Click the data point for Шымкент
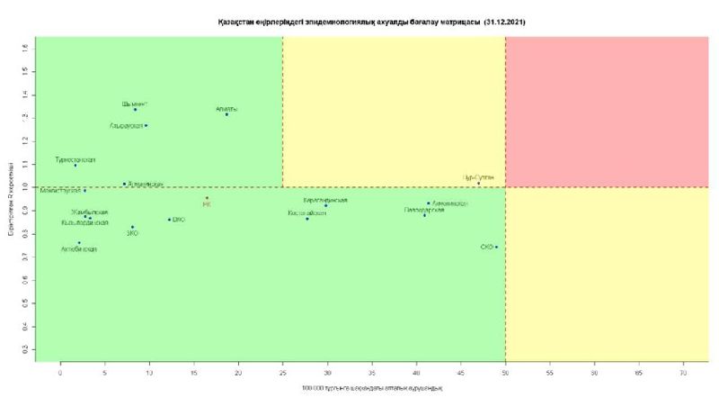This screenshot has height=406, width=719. pyautogui.click(x=136, y=110)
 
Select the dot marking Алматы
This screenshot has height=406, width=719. pyautogui.click(x=226, y=114)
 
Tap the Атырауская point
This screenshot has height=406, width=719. pyautogui.click(x=146, y=125)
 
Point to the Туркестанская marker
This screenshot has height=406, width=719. pyautogui.click(x=75, y=166)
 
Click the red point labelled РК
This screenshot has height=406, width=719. pyautogui.click(x=207, y=198)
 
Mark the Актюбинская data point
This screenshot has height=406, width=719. pyautogui.click(x=79, y=242)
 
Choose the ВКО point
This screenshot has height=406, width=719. pyautogui.click(x=169, y=219)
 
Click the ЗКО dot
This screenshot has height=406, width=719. pyautogui.click(x=132, y=227)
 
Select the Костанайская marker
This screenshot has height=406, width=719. pyautogui.click(x=307, y=219)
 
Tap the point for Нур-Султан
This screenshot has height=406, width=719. pyautogui.click(x=479, y=183)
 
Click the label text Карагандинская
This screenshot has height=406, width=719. pyautogui.click(x=325, y=200)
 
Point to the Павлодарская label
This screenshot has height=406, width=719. pyautogui.click(x=424, y=209)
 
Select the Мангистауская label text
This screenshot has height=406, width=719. pyautogui.click(x=60, y=191)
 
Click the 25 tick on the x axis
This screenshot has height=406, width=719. pyautogui.click(x=282, y=371)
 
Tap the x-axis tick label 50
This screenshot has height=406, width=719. pyautogui.click(x=505, y=371)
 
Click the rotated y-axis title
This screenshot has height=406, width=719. pyautogui.click(x=10, y=199)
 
